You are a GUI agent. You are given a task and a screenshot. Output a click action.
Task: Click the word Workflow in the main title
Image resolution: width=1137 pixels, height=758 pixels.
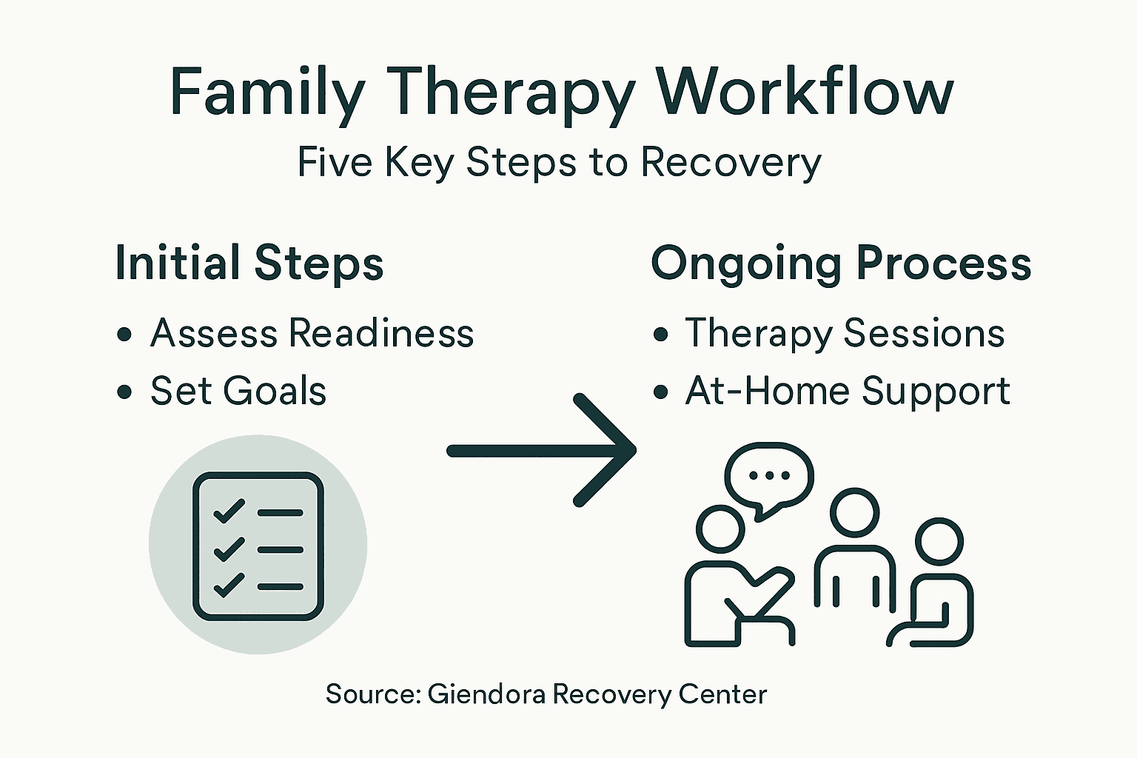click(805, 93)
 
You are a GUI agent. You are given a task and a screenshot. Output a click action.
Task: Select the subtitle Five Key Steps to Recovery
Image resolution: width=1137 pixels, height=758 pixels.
click(559, 161)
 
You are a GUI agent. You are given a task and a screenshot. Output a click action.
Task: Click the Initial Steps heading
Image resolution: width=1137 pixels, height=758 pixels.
click(249, 264)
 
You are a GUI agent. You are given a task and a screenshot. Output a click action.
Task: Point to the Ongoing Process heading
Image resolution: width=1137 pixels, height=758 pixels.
click(841, 264)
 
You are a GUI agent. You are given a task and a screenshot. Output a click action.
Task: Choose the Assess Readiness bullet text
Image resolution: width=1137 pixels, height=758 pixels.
click(312, 333)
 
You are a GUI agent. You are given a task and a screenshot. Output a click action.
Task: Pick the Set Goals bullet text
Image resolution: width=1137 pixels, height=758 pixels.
click(238, 391)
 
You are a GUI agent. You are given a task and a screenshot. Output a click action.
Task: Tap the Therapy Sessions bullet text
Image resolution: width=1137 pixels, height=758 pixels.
click(845, 333)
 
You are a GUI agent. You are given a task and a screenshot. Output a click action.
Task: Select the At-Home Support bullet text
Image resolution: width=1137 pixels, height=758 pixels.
click(848, 391)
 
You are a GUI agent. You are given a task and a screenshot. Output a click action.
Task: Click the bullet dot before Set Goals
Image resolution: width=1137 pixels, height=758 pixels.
click(124, 392)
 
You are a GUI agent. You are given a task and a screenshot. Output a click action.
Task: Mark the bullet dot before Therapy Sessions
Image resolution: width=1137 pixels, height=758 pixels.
click(660, 335)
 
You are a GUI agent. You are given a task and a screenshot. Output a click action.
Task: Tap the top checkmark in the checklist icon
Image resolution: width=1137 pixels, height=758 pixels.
click(229, 511)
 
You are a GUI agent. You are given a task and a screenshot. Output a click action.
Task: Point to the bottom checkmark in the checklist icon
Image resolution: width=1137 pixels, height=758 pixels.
click(229, 585)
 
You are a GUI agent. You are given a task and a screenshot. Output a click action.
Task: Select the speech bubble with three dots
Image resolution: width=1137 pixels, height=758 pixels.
click(769, 477)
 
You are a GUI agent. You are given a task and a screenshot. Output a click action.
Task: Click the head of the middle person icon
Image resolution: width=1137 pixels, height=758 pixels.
click(854, 513)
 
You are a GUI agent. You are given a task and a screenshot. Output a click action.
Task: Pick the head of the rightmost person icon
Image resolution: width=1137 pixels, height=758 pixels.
click(939, 541)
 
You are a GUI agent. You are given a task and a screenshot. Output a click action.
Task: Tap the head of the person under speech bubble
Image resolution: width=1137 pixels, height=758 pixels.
click(720, 529)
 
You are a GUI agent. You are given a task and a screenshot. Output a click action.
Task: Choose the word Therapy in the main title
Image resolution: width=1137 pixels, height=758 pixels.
click(512, 93)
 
